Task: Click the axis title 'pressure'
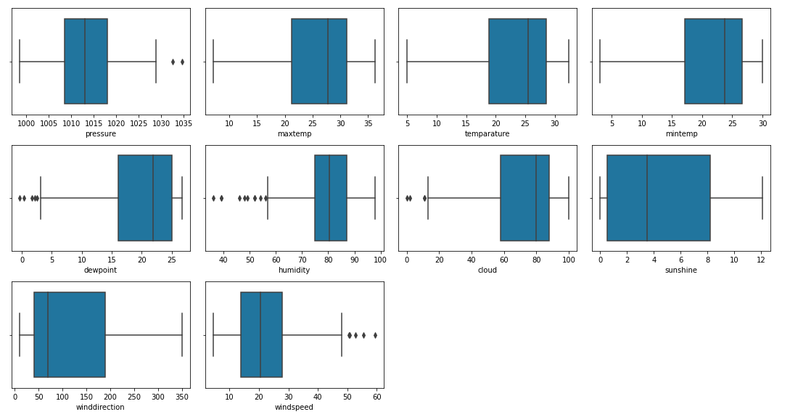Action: pos(100,133)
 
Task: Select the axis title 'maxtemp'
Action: pos(294,133)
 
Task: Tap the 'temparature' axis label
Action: pos(487,133)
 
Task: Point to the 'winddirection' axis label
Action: pos(100,407)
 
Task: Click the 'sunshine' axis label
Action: pos(680,270)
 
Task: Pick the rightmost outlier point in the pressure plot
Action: pos(182,62)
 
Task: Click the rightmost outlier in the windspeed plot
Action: pos(375,335)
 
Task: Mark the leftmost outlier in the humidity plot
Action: pos(213,198)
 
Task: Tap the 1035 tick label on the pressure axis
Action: pos(182,124)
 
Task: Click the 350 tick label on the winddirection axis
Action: pos(182,397)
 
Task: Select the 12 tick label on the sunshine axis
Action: pos(761,260)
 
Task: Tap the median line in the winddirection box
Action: pos(48,335)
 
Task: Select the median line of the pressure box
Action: pos(85,62)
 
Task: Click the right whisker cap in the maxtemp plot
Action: pos(375,62)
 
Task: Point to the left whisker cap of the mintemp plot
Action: pos(600,62)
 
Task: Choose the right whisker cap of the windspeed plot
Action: pos(342,335)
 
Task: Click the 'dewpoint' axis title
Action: pos(100,270)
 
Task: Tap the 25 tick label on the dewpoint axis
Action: pos(171,260)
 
